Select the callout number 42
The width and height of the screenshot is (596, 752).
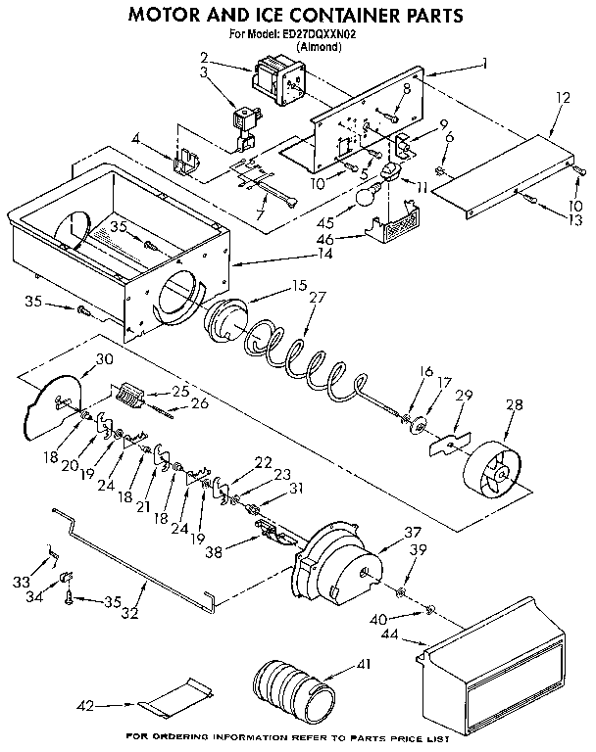87,703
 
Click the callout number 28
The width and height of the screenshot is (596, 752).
512,405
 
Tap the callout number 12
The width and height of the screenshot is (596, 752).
562,98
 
